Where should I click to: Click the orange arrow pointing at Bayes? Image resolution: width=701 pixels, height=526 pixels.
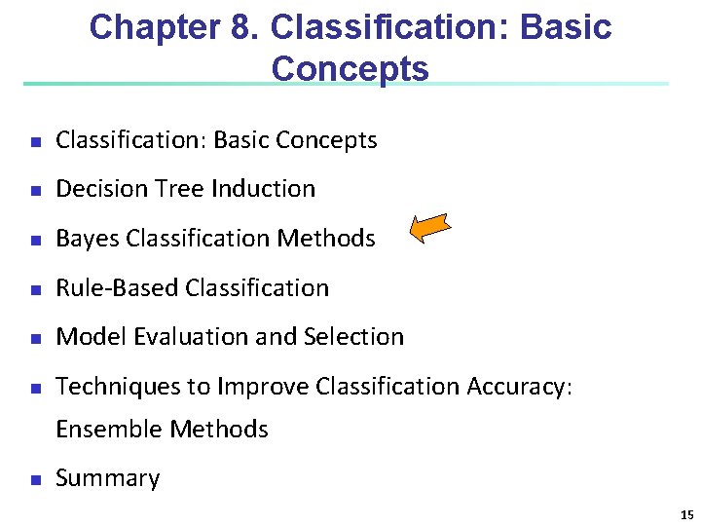point(430,229)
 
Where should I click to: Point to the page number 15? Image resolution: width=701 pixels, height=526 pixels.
point(686,515)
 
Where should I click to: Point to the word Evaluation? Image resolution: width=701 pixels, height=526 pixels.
point(185,337)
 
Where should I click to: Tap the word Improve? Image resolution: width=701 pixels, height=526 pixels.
point(262,387)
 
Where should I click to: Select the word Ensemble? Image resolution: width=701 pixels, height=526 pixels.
point(109,429)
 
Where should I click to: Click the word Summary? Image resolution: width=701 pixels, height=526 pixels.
point(107,478)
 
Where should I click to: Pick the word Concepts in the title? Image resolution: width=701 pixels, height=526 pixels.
point(350,69)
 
